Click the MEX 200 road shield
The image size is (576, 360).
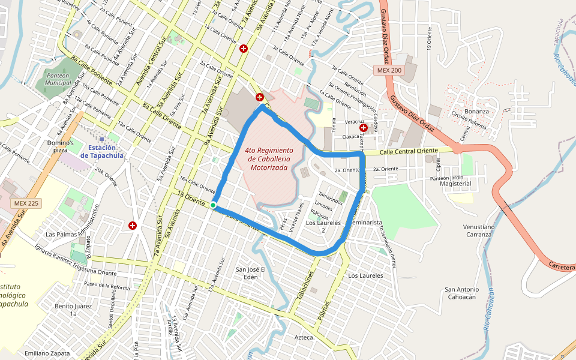[389, 70]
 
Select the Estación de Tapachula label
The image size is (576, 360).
[101, 151]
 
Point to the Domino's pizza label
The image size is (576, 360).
[61, 147]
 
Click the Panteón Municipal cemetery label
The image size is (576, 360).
[58, 79]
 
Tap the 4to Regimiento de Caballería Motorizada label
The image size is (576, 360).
[269, 158]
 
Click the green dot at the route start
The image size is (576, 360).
[213, 206]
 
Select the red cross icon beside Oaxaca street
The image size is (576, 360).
[364, 128]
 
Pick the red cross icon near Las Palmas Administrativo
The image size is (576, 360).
[132, 226]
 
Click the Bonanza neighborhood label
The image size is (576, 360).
[476, 111]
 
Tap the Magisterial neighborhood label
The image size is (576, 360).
[455, 184]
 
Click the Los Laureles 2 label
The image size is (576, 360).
[323, 226]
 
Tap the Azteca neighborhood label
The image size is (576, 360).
[304, 337]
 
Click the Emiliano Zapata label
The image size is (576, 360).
[47, 353]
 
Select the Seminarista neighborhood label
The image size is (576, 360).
[364, 223]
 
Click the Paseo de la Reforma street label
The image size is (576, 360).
[107, 286]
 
